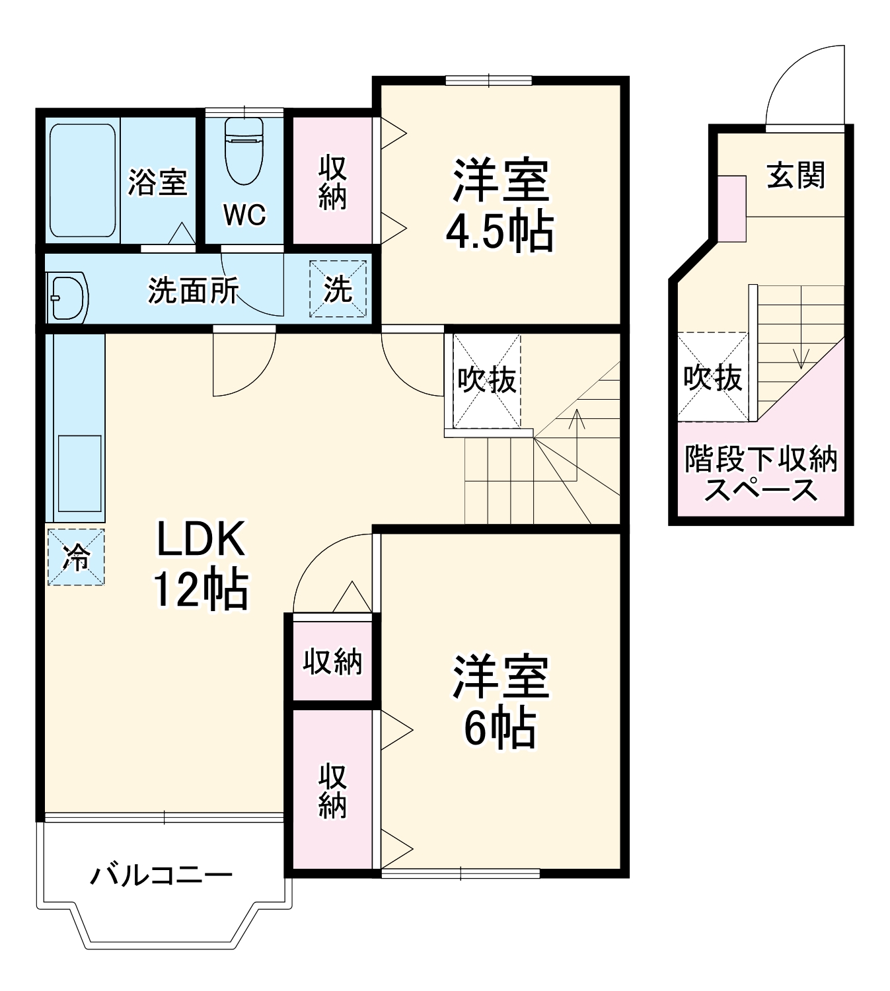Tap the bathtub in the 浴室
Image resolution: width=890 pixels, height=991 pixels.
click(83, 180)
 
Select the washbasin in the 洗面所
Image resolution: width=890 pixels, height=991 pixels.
click(68, 297)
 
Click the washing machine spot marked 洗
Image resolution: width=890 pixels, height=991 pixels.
click(338, 289)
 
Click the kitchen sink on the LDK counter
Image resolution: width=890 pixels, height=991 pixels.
click(79, 473)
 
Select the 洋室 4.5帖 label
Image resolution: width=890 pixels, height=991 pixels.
click(500, 205)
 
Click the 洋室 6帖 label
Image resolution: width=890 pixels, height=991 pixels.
click(500, 700)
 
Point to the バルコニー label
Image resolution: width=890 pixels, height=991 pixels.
click(161, 875)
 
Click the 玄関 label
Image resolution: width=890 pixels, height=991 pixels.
click(796, 176)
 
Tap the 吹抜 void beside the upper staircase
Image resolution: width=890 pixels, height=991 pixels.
click(487, 381)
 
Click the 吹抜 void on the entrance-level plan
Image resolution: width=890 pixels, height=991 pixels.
click(712, 377)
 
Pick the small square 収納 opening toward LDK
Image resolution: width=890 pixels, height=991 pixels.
click(332, 661)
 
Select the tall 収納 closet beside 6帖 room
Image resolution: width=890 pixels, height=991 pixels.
click(332, 790)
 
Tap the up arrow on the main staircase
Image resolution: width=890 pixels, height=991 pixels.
click(577, 436)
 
